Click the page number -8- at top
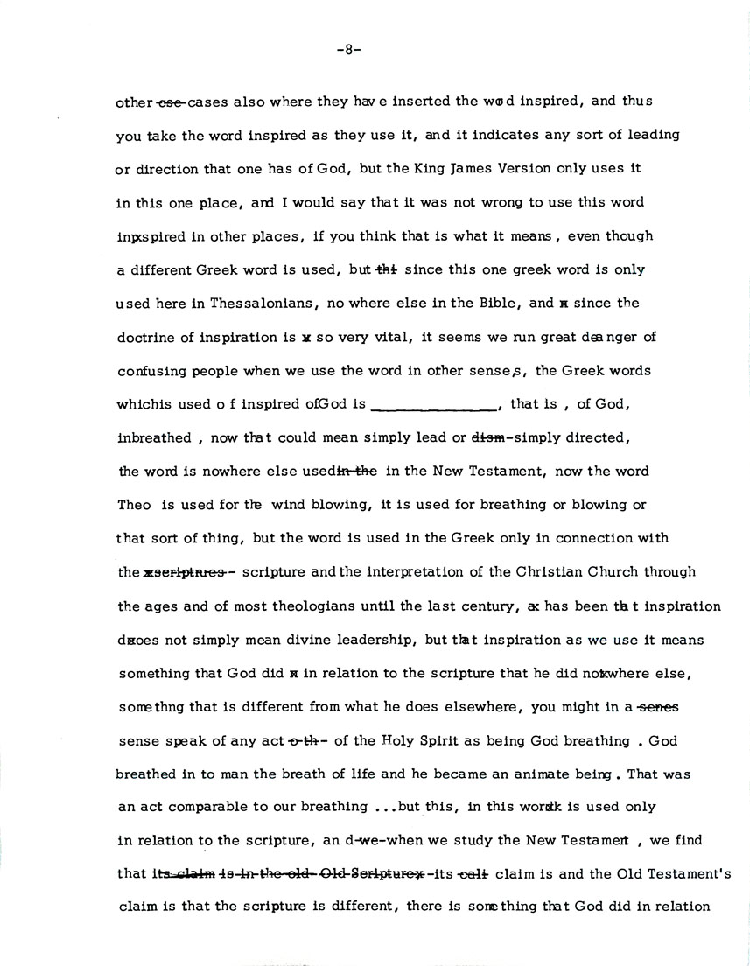[x=348, y=50]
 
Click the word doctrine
[x=144, y=337]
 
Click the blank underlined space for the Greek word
[x=434, y=404]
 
